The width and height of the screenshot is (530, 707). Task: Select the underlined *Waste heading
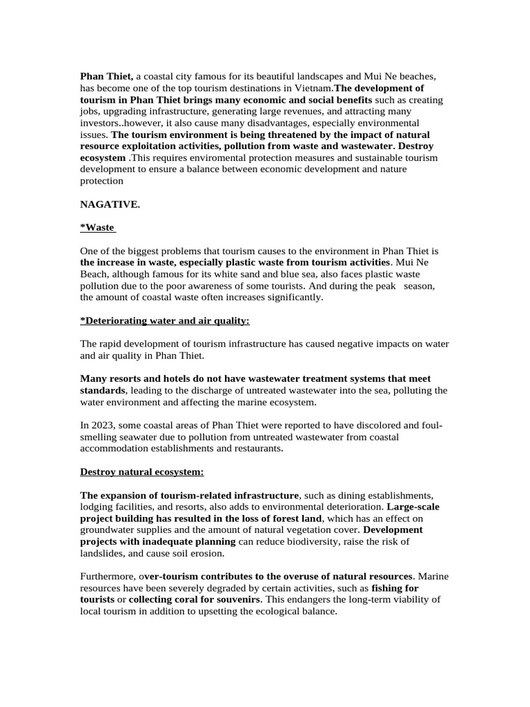[x=97, y=227]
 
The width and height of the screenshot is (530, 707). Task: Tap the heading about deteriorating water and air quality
[x=165, y=320]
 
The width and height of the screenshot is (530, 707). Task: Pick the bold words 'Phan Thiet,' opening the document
[x=106, y=76]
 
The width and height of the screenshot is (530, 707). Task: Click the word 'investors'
[x=101, y=123]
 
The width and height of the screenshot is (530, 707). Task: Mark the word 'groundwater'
[x=108, y=530]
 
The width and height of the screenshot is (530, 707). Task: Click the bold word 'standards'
[x=103, y=390]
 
